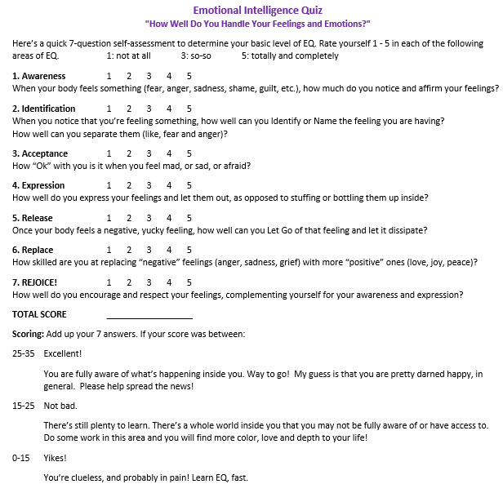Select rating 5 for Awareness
(x=189, y=76)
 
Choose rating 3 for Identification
(x=149, y=109)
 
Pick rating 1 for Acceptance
(x=109, y=153)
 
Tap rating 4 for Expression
(x=169, y=186)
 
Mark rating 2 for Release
(x=129, y=218)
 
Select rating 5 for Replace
(x=189, y=251)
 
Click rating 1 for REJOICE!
(x=109, y=282)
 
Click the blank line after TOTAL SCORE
(x=149, y=315)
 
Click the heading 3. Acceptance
(x=40, y=153)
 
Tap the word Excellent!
(x=63, y=354)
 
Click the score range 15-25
(x=23, y=406)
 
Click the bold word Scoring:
(x=29, y=335)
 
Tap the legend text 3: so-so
(x=200, y=56)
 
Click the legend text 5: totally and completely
(x=290, y=56)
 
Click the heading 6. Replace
(x=33, y=251)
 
